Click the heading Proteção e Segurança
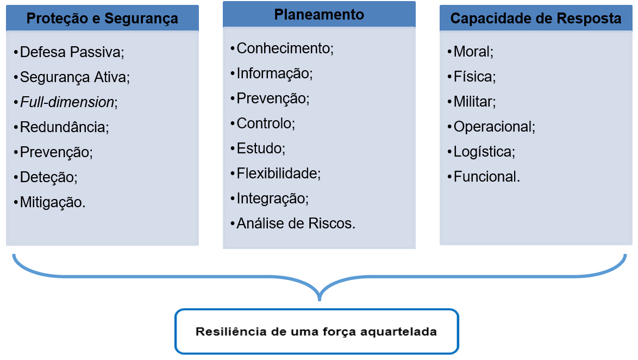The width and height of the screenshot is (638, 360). click(x=102, y=18)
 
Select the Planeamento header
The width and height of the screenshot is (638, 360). click(x=319, y=14)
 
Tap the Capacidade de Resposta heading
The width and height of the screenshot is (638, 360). click(x=536, y=18)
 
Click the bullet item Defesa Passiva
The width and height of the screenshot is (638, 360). click(x=72, y=52)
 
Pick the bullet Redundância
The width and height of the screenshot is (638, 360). click(x=64, y=127)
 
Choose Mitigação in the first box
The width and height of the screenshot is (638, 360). click(x=53, y=202)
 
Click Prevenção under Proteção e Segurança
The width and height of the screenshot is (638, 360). click(x=56, y=152)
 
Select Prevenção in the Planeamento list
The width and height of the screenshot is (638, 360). click(x=273, y=98)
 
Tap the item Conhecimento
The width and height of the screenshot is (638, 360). click(x=285, y=48)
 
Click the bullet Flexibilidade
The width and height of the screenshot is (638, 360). click(x=279, y=173)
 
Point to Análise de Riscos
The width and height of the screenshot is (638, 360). click(x=296, y=223)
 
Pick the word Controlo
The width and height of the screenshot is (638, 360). click(x=266, y=123)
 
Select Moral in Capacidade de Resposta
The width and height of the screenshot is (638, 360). click(x=473, y=52)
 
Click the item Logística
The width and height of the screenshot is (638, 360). click(x=484, y=152)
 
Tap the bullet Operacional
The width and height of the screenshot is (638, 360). click(x=495, y=127)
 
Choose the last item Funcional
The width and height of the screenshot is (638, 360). click(x=486, y=177)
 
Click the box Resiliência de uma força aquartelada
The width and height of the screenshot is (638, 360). click(x=317, y=332)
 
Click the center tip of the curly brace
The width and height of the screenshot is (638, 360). click(x=320, y=300)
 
